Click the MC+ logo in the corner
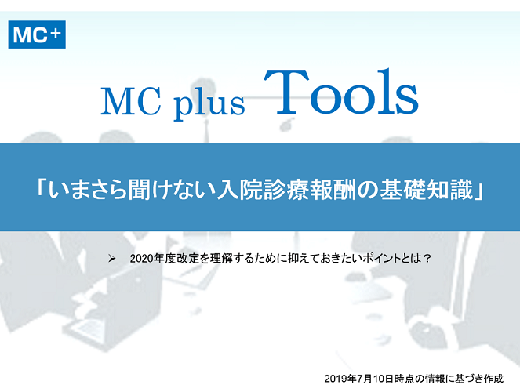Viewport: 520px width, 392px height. pyautogui.click(x=37, y=34)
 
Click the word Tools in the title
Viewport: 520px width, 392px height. pyautogui.click(x=341, y=92)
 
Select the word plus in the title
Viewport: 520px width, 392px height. pyautogui.click(x=209, y=103)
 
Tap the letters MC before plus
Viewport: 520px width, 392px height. pyautogui.click(x=131, y=101)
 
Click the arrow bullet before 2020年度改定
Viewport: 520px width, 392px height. pyautogui.click(x=112, y=259)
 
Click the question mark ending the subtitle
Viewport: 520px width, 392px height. pyautogui.click(x=427, y=258)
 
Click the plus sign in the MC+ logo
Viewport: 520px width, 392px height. pyautogui.click(x=56, y=32)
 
